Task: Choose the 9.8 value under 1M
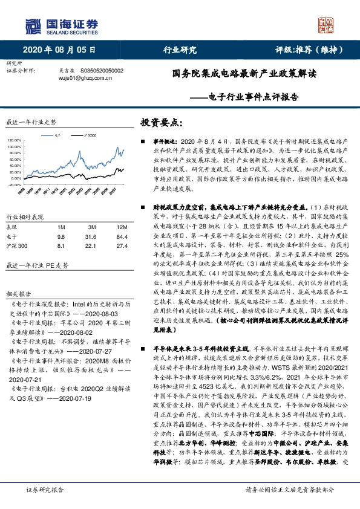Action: tap(61, 236)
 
